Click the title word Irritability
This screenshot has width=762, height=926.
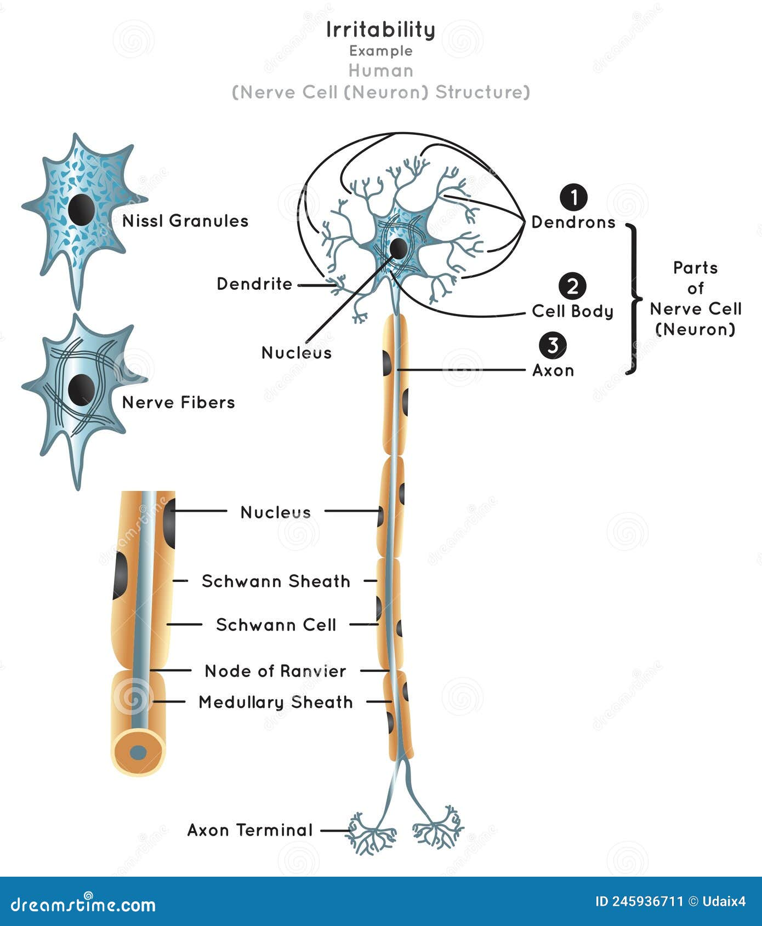coord(380,30)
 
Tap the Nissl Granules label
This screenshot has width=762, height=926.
coord(185,221)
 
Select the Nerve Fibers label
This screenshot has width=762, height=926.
coord(178,402)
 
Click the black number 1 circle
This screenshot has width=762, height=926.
coord(573,198)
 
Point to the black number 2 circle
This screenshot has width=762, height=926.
coord(572,286)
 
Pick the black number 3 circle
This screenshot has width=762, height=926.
coord(553,345)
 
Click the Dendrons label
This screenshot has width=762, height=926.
coord(573,222)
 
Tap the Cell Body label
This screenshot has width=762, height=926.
coord(572,311)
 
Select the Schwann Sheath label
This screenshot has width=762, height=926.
coord(276,581)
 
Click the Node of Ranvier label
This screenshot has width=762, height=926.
coord(275,671)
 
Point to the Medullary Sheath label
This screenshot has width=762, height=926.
coord(276,702)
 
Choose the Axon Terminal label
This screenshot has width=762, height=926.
coord(250,830)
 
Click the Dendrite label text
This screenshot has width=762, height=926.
coord(254,284)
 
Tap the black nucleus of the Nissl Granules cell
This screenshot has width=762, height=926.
coord(81,209)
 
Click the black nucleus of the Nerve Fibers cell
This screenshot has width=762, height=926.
coord(81,390)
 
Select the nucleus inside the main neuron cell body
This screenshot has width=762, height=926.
coord(399,249)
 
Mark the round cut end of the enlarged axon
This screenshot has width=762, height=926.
coord(138,752)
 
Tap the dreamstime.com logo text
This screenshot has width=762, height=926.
coord(83,904)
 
